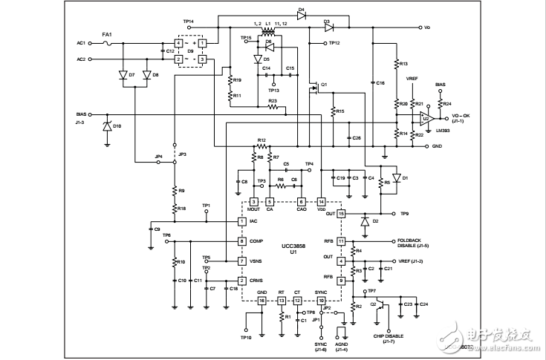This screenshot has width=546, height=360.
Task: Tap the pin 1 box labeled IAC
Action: click(x=242, y=221)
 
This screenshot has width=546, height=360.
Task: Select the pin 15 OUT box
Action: click(x=342, y=214)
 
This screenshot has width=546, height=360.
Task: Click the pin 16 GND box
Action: click(x=262, y=301)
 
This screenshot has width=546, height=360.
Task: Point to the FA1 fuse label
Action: click(x=107, y=34)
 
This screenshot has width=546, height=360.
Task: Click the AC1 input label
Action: click(x=81, y=42)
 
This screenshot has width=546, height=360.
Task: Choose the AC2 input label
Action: click(x=81, y=59)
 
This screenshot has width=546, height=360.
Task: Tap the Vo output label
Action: click(x=427, y=27)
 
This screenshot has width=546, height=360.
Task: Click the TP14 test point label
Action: click(x=188, y=22)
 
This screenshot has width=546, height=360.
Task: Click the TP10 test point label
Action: click(x=246, y=337)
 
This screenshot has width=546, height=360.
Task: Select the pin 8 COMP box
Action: click(x=242, y=241)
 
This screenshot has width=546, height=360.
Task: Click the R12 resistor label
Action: click(x=261, y=140)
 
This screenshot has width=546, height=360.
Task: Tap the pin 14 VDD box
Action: click(x=322, y=201)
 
